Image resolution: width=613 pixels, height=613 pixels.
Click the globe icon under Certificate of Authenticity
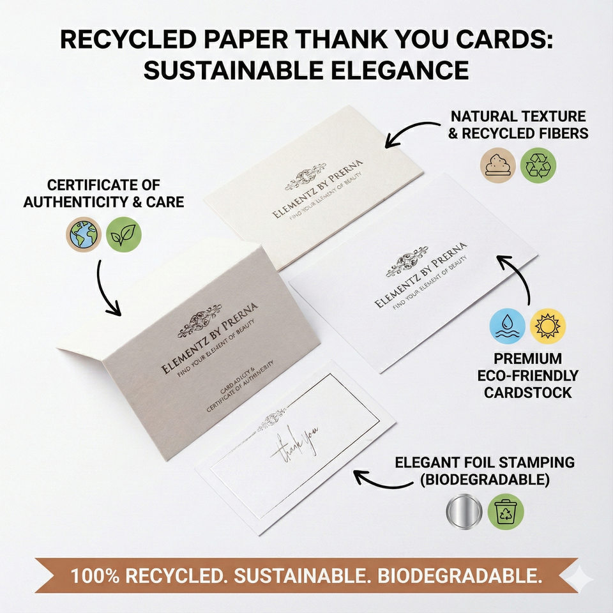(84, 234)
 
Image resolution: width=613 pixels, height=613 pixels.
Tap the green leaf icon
(123, 234)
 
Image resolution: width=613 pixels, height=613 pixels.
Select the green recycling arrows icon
(538, 164)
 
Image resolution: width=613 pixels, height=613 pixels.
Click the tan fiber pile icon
(498, 164)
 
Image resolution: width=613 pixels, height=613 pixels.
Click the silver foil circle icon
(464, 511)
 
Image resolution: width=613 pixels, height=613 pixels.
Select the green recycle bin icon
(506, 511)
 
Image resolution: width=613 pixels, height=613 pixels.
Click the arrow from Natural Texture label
(415, 131)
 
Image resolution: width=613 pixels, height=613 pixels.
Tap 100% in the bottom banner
(95, 576)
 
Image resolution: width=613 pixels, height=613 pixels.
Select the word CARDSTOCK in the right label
(528, 392)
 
